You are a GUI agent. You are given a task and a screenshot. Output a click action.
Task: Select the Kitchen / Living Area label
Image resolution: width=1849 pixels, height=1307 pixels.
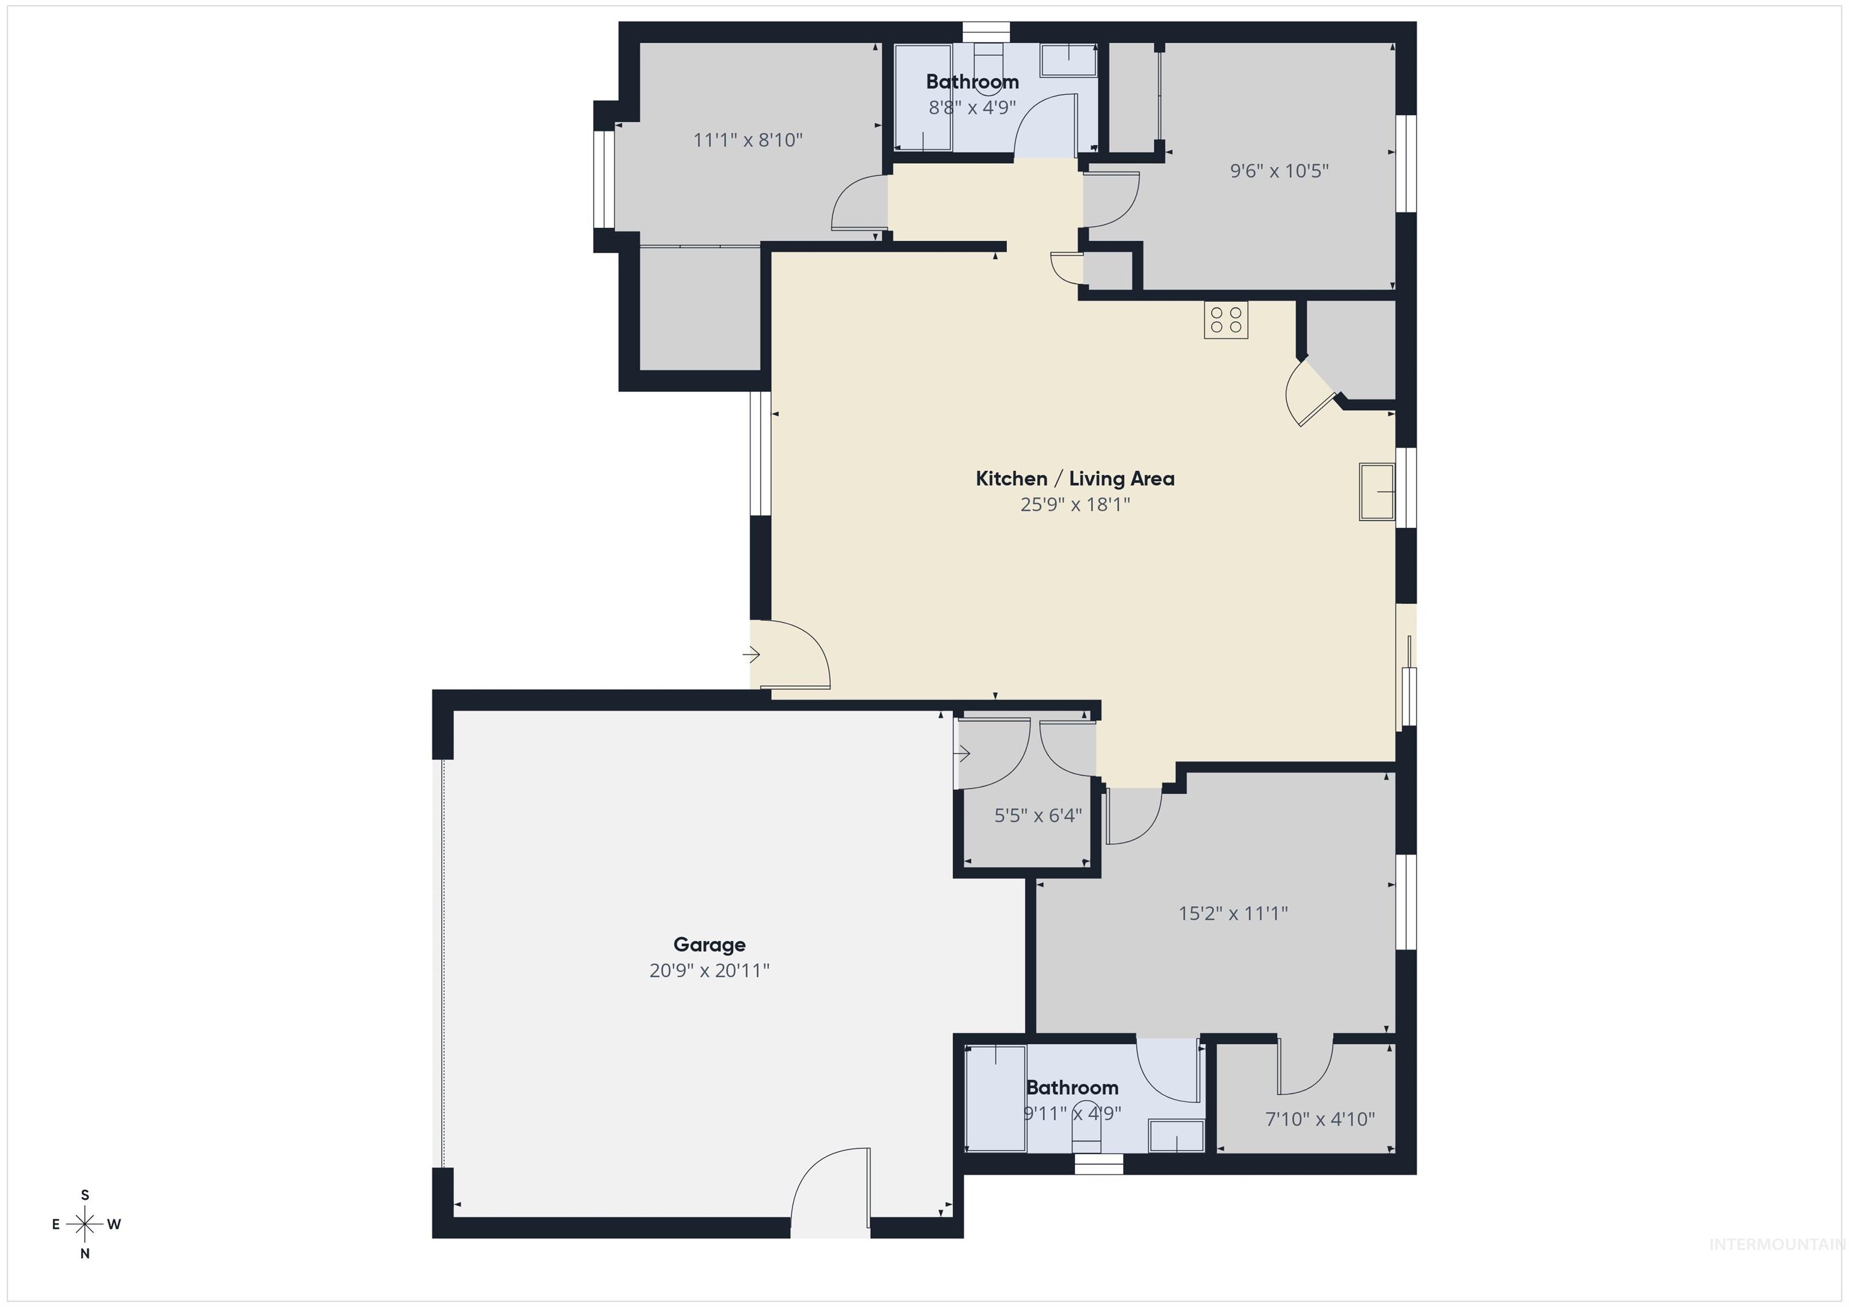point(1074,479)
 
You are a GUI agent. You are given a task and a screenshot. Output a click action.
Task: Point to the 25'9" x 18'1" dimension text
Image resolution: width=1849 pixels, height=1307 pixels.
point(1074,505)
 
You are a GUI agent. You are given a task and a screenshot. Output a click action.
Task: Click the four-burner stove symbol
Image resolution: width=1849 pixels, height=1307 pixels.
point(1225,319)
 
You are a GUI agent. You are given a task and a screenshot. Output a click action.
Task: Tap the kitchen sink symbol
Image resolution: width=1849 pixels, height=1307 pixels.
point(1377,491)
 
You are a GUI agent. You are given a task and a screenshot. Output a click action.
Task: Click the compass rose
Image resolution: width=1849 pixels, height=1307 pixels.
point(84,1224)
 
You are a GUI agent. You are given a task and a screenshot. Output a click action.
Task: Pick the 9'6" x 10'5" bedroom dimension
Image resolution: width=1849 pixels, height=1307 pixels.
point(1279,171)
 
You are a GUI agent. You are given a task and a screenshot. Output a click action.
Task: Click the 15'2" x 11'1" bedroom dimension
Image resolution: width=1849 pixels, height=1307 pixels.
point(1232,914)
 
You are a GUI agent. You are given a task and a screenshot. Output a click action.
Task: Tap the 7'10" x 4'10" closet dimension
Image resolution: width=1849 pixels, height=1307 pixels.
point(1319,1119)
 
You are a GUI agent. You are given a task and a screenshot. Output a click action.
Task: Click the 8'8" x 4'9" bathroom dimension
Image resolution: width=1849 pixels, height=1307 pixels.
point(972,107)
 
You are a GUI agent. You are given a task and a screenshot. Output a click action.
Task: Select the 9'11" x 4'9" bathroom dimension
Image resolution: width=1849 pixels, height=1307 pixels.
point(1072,1113)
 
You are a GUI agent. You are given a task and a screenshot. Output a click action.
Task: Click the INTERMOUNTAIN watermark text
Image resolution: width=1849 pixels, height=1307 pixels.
point(1776,1244)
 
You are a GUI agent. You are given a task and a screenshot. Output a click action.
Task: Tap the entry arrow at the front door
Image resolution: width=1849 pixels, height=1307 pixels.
point(751,655)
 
